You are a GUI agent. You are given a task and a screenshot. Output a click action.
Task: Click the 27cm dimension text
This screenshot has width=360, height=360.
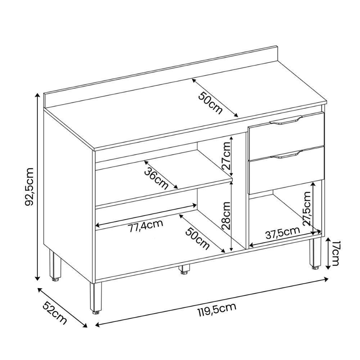pyautogui.click(x=226, y=156)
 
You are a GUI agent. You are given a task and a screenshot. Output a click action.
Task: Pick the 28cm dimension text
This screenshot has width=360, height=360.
pyautogui.click(x=226, y=216)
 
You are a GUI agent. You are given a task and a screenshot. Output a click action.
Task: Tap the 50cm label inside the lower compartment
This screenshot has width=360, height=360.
pyautogui.click(x=198, y=238)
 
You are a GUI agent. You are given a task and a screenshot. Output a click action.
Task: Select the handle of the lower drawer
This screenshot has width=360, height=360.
pyautogui.click(x=284, y=156)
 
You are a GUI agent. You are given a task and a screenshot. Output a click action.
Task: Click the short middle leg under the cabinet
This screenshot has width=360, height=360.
pyautogui.click(x=185, y=269)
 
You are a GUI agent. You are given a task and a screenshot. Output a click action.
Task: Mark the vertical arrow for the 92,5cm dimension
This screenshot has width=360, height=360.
pyautogui.click(x=37, y=186)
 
